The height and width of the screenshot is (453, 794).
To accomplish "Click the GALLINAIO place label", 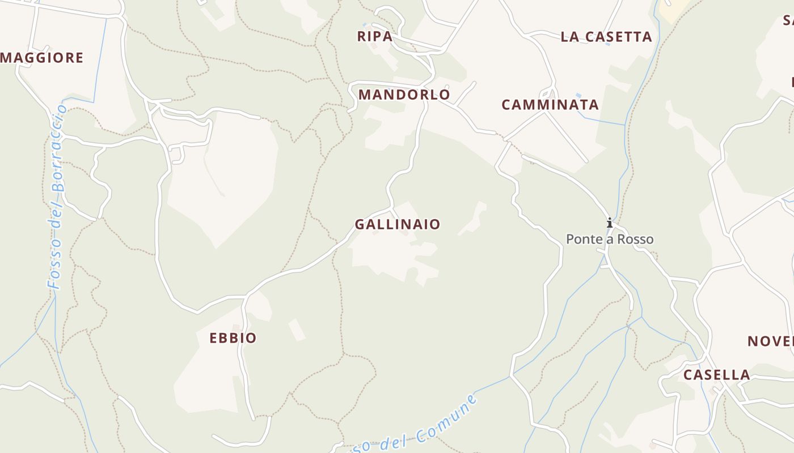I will (x=397, y=224).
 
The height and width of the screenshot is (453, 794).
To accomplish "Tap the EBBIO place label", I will (x=233, y=338).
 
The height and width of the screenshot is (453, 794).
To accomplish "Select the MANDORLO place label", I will (x=404, y=95).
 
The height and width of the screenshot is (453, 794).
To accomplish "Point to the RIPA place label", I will (x=374, y=36).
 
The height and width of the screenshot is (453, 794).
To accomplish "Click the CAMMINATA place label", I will (x=550, y=105).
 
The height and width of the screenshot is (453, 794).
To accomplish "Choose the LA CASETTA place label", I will (x=606, y=37).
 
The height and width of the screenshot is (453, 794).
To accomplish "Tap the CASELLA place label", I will (x=716, y=375).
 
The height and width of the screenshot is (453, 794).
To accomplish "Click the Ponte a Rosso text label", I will (x=610, y=240).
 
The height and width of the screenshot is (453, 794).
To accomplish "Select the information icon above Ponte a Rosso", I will (x=610, y=223).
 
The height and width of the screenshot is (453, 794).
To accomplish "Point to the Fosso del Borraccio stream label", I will (x=57, y=198).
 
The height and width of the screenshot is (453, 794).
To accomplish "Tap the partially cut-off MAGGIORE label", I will (x=42, y=58).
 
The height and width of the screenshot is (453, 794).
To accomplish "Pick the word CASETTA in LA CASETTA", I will (x=619, y=37).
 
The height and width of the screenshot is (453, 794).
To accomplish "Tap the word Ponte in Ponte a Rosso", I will (x=582, y=240).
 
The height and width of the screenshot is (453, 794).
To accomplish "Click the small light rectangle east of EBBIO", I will (x=297, y=330).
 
